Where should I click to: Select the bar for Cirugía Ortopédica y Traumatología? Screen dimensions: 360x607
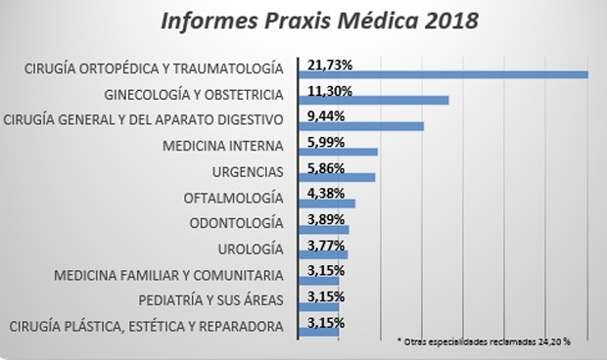443,75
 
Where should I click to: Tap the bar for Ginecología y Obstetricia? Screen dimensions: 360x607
373,100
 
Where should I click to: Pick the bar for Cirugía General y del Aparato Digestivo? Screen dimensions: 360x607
360,126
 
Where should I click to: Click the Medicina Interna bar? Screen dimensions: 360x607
338,152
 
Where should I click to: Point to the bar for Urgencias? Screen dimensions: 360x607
337,177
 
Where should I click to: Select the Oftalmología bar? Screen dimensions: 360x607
327,203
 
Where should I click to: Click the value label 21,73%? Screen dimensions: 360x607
330,65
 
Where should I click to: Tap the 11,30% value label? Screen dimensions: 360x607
330,89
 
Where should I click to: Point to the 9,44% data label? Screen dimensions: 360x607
327,114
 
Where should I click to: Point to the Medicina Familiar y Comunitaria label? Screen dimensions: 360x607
169,274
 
